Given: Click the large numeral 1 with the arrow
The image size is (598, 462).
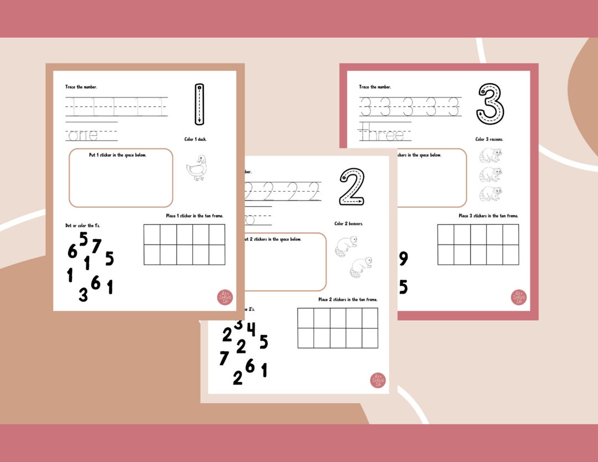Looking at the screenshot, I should (x=200, y=104).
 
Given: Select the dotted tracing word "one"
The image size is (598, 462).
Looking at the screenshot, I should (x=82, y=135).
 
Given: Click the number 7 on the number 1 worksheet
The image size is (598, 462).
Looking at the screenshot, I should (x=96, y=245).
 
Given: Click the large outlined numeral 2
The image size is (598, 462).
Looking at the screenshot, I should (x=352, y=187).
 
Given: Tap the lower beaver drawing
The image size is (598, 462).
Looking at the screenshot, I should (x=361, y=266).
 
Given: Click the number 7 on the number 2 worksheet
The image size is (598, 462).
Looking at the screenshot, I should (x=224, y=358).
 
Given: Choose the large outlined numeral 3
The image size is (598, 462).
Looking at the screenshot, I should (x=491, y=104).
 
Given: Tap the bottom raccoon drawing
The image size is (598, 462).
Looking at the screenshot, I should (x=491, y=193).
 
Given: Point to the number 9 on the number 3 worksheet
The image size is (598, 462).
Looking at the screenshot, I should (x=403, y=259).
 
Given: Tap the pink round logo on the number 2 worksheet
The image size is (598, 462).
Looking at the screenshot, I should (x=378, y=381).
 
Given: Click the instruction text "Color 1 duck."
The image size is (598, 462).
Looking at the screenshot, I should (x=196, y=139).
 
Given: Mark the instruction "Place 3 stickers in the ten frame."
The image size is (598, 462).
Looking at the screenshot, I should (x=488, y=215).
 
